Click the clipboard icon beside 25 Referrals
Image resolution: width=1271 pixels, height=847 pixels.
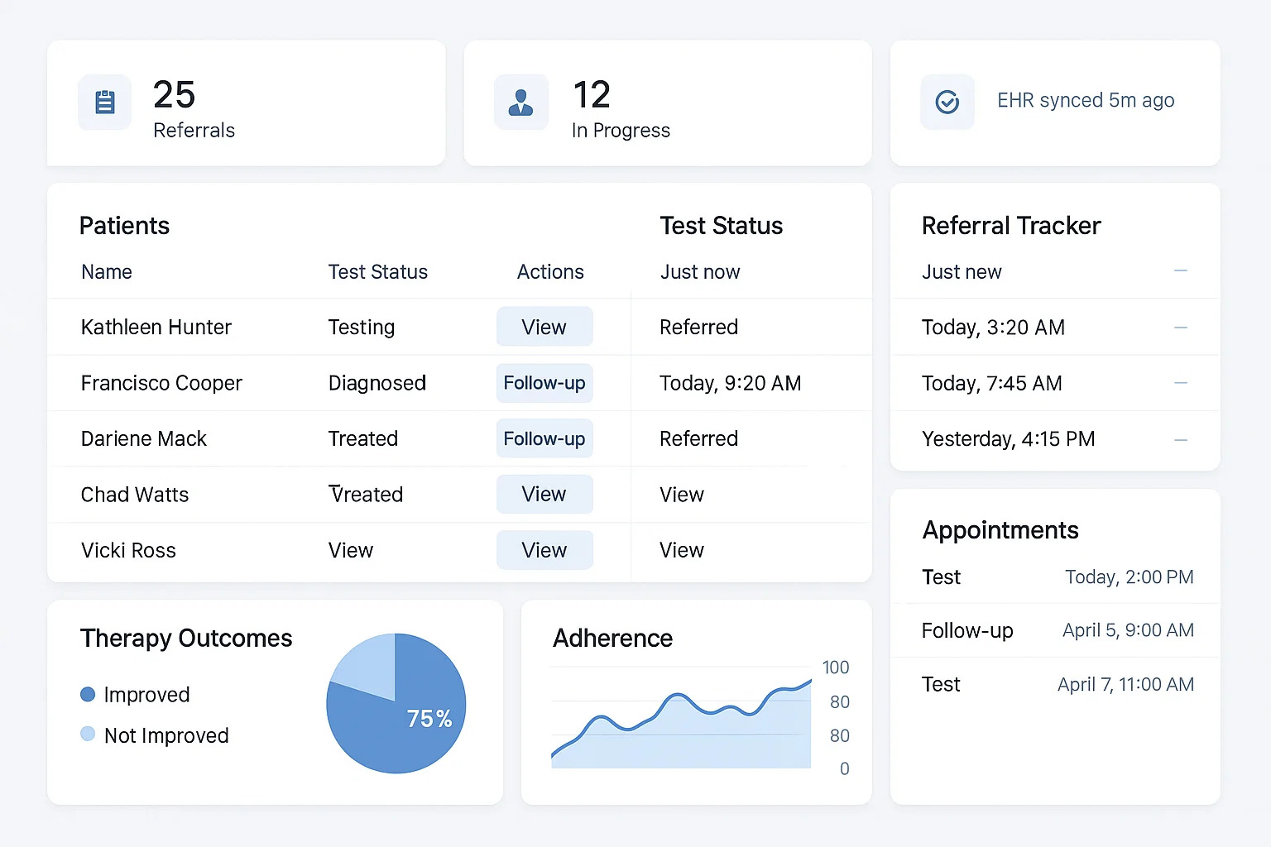click(x=105, y=103)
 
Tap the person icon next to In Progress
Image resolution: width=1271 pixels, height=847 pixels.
click(x=520, y=103)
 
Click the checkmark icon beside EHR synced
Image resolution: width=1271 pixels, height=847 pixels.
click(x=947, y=102)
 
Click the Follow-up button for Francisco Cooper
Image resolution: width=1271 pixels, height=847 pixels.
click(x=544, y=383)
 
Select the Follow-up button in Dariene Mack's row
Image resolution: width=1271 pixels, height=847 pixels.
click(x=544, y=438)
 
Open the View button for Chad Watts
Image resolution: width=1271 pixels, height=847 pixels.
click(x=544, y=494)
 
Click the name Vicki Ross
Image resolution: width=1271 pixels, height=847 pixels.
click(x=128, y=550)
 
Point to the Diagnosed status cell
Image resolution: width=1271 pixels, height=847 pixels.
click(x=377, y=383)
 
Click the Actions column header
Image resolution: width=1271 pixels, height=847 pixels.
click(x=550, y=272)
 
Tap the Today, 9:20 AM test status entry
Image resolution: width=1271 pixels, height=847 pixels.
click(x=730, y=383)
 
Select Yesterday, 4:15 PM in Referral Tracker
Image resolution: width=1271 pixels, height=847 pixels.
click(x=1008, y=438)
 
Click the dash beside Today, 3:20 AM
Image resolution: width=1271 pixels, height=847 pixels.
click(x=1181, y=328)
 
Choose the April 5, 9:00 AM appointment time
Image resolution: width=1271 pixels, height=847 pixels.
click(x=1128, y=630)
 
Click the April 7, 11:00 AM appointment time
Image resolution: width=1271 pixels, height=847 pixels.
click(x=1125, y=685)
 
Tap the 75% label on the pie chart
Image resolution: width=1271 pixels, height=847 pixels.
click(x=429, y=719)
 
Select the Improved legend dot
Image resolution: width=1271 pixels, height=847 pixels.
click(x=88, y=694)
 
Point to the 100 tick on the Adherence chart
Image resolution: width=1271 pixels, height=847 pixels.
click(x=835, y=668)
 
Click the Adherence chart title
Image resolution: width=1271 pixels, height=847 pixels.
click(x=612, y=638)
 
